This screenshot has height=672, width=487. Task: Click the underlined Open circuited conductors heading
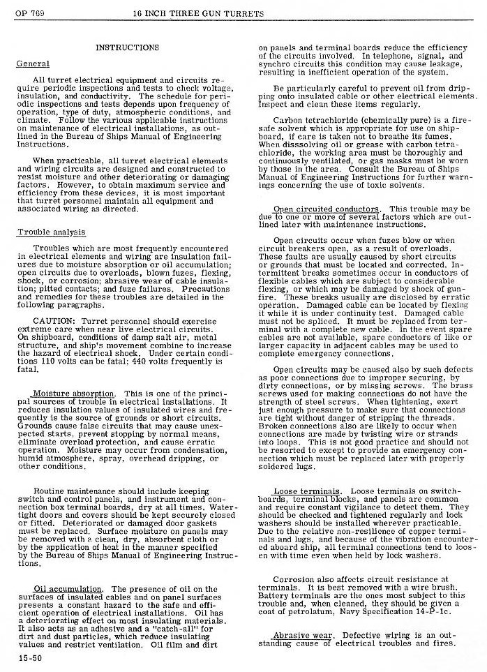[x=327, y=209]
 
